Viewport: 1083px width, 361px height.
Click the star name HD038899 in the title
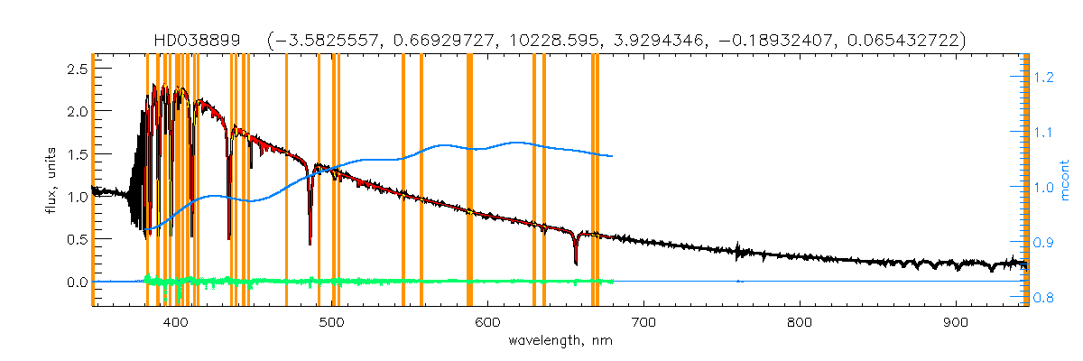click(206, 41)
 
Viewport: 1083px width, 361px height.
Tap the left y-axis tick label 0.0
click(76, 282)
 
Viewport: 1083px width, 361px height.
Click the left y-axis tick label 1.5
click(76, 153)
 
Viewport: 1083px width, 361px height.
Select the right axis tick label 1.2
click(1044, 79)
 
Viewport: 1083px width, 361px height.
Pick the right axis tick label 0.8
click(1044, 298)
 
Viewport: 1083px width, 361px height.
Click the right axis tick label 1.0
click(1044, 188)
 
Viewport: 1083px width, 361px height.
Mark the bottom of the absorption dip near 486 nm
click(310, 244)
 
